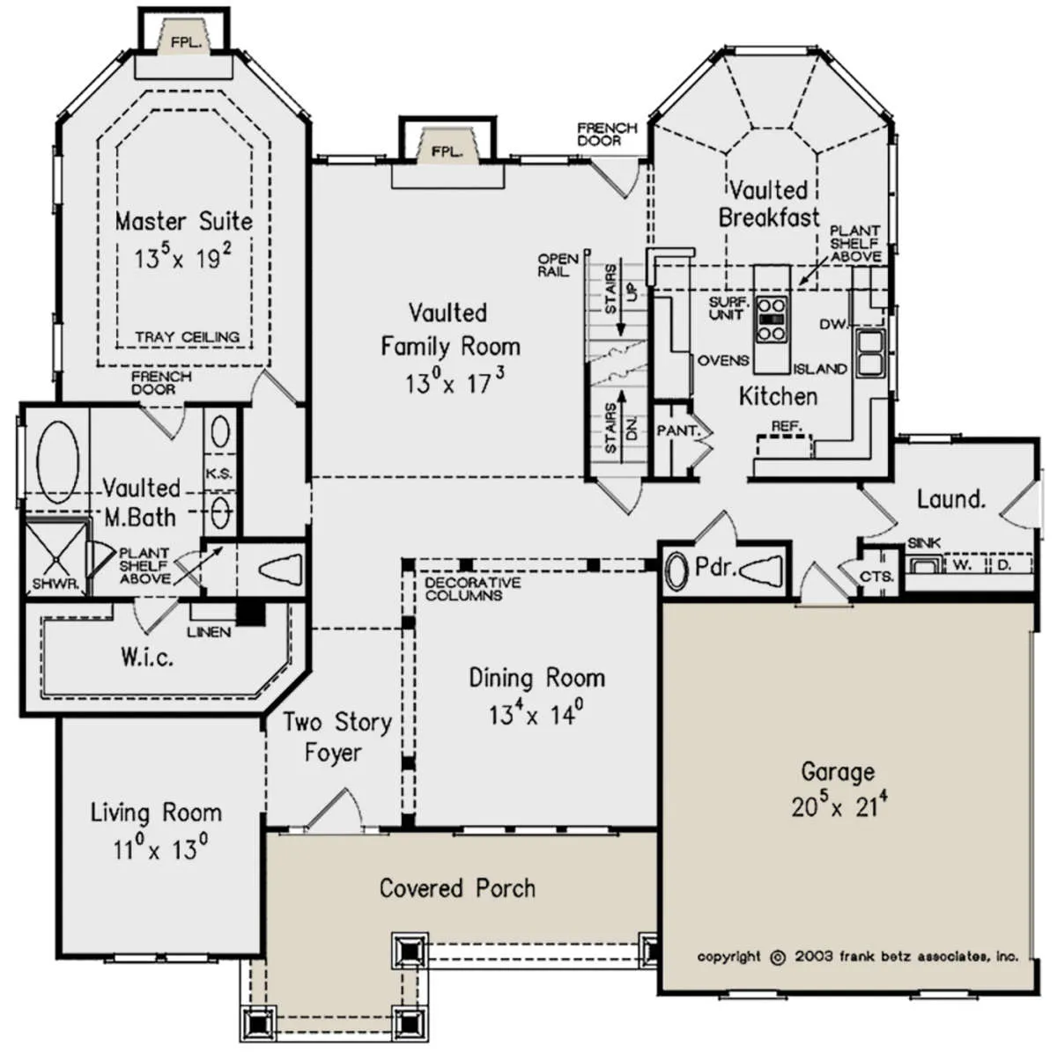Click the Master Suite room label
click(x=184, y=222)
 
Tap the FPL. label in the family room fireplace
click(x=447, y=151)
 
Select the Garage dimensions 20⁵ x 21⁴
click(x=839, y=806)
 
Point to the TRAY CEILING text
click(x=188, y=336)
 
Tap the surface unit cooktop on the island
click(x=772, y=319)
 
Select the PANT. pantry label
click(x=679, y=430)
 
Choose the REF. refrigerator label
click(x=787, y=426)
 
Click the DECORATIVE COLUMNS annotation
click(x=473, y=588)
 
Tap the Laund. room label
click(x=951, y=499)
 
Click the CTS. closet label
click(x=877, y=577)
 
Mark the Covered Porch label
click(x=457, y=888)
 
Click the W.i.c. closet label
click(x=147, y=656)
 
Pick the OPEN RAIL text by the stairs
click(x=558, y=264)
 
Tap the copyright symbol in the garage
click(x=778, y=958)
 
